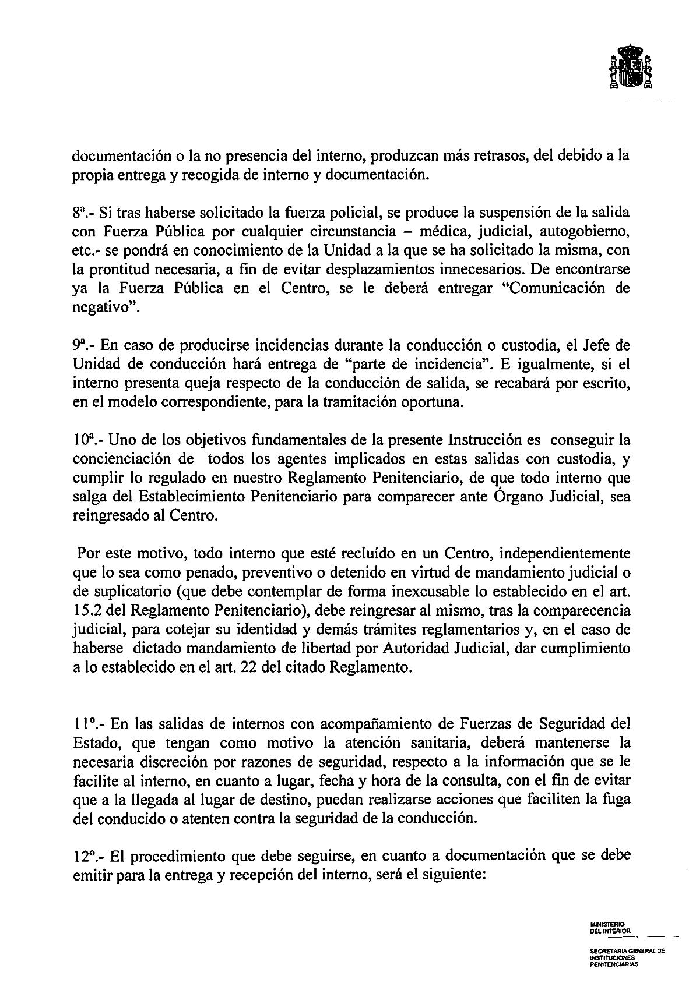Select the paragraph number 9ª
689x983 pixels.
(81, 345)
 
